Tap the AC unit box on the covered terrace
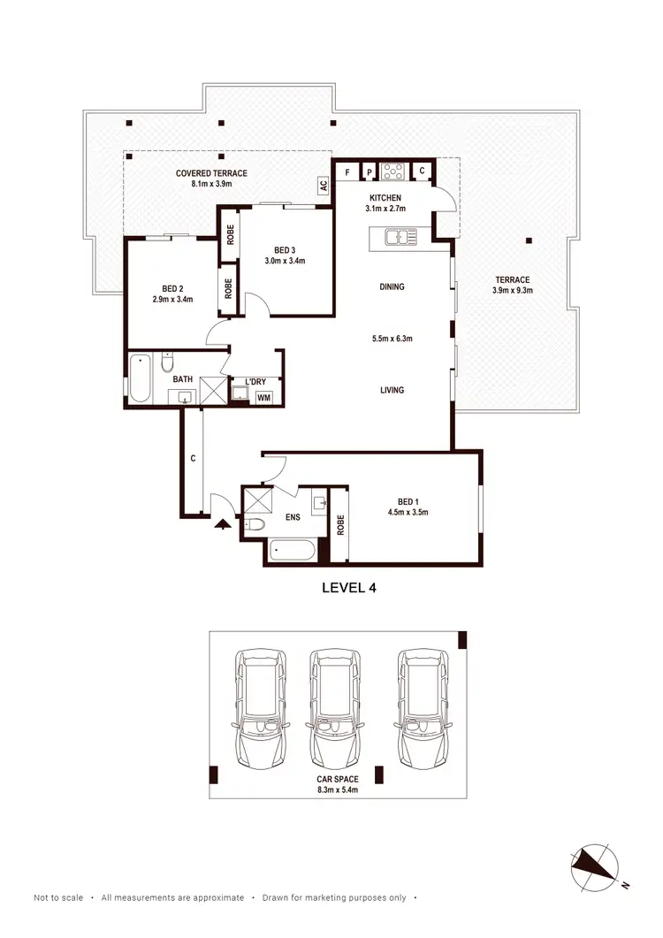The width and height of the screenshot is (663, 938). point(324,186)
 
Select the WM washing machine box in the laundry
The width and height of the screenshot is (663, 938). point(263,398)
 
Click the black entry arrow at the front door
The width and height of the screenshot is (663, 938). point(222,523)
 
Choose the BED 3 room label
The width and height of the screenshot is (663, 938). point(284,249)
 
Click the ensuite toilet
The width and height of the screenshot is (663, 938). point(255,525)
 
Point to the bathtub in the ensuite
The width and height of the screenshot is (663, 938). point(293,551)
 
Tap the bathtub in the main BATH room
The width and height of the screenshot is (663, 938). point(140,378)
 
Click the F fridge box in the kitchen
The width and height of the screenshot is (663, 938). point(347,171)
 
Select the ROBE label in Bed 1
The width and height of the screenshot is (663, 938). point(339,525)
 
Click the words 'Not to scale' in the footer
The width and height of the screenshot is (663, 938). point(58,897)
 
